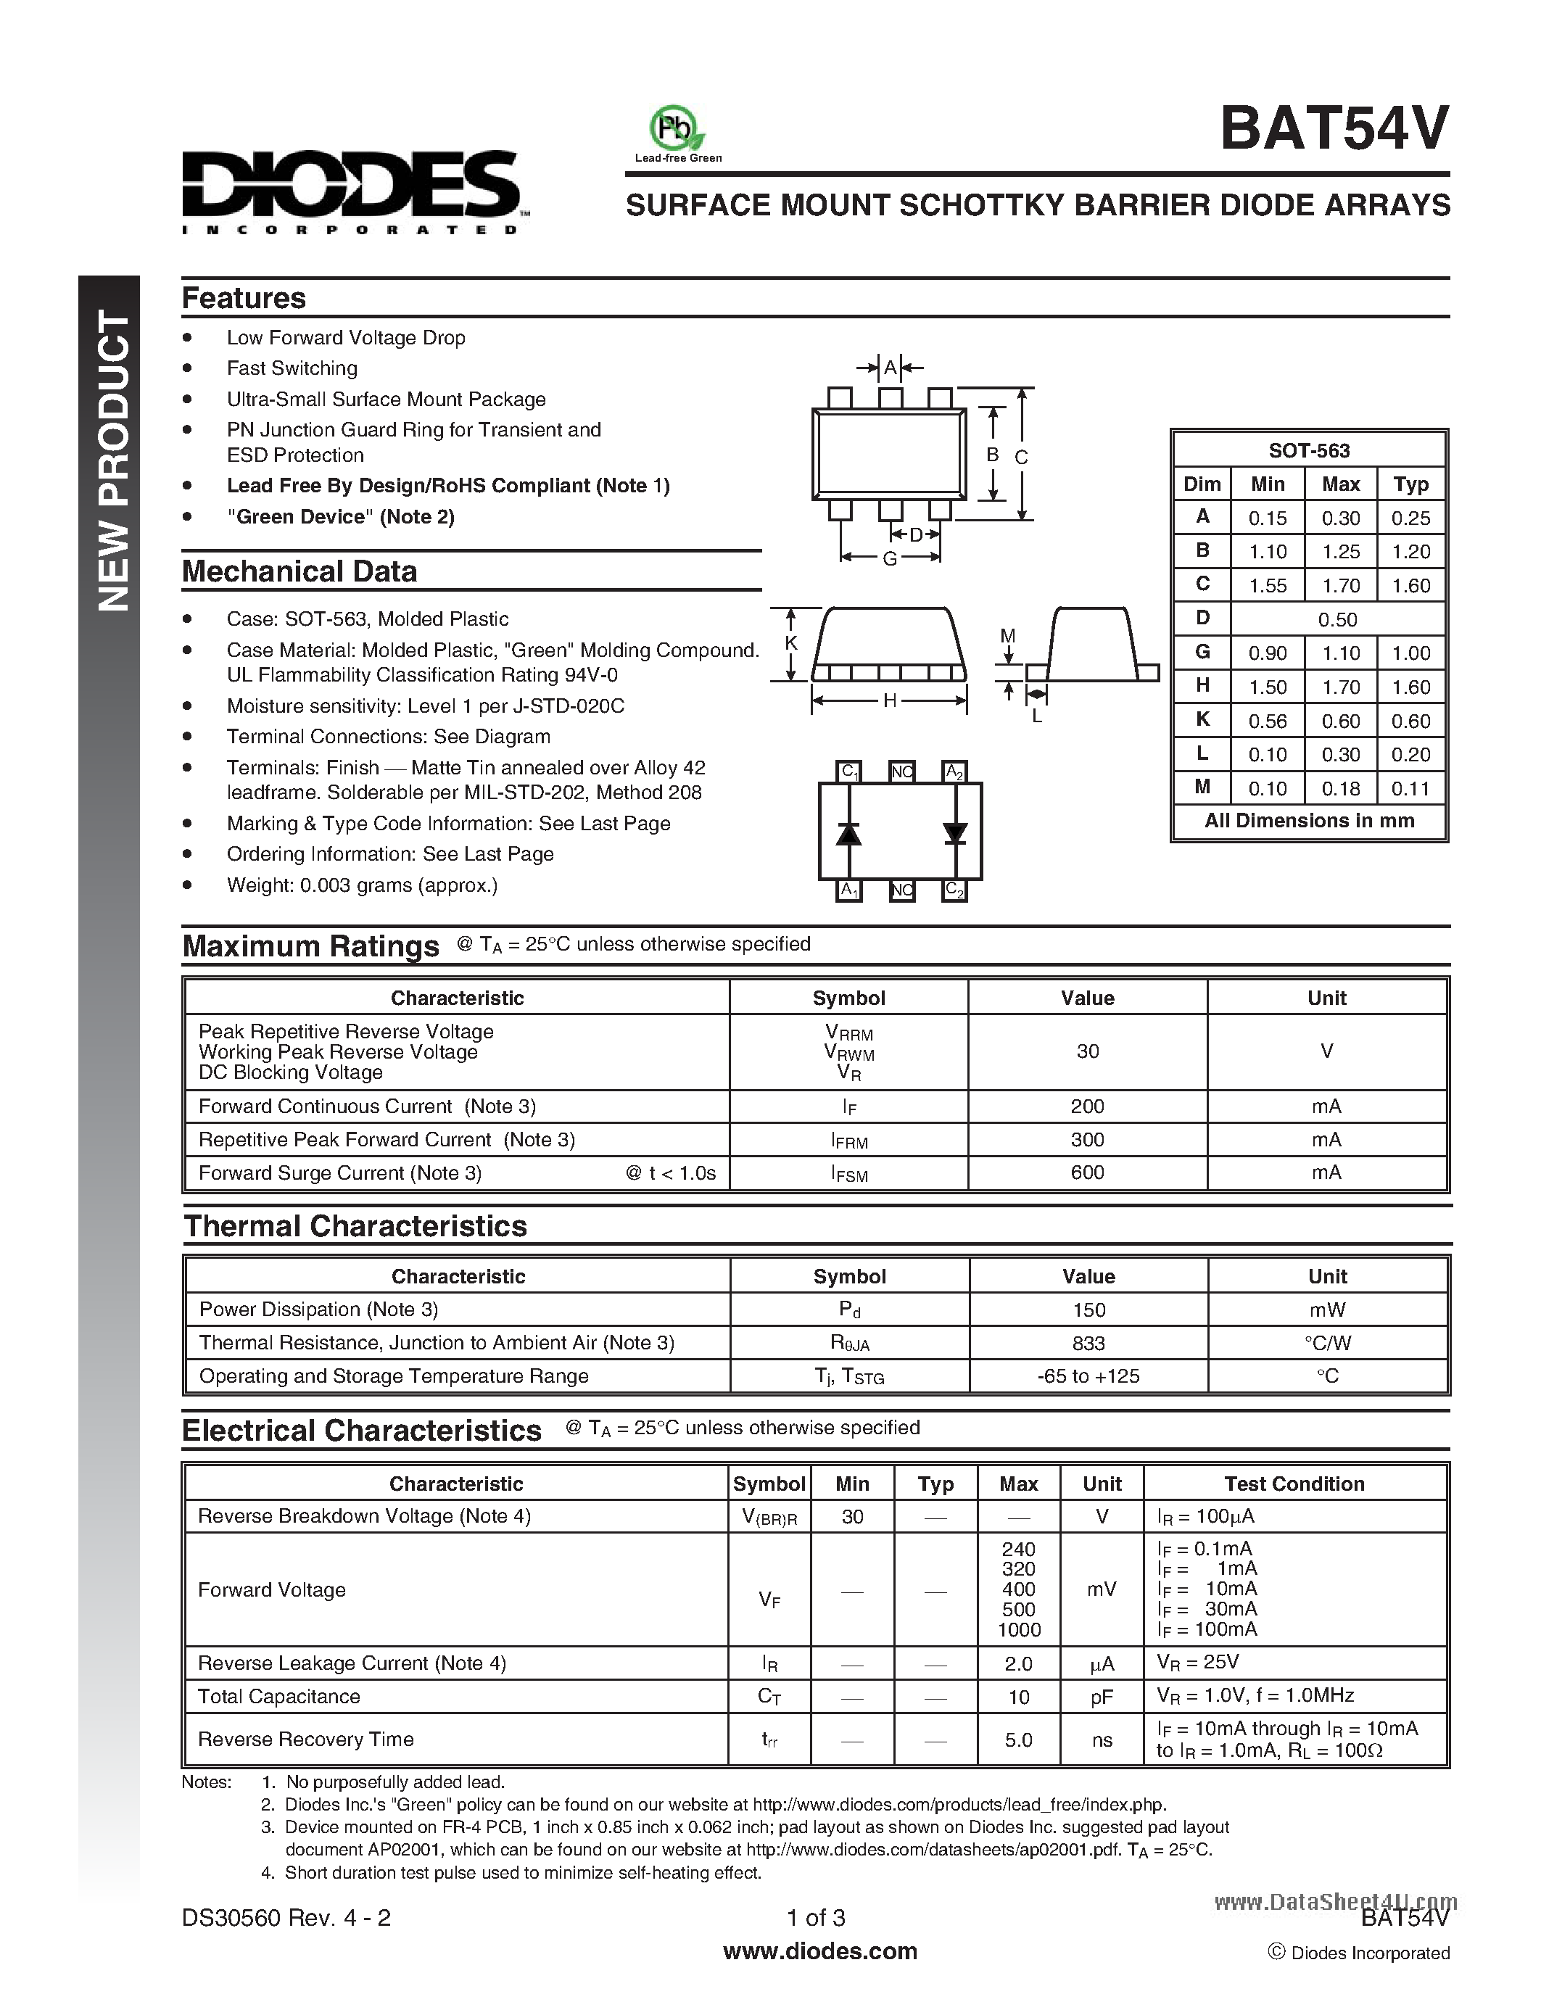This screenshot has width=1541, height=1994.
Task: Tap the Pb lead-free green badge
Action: pos(677,129)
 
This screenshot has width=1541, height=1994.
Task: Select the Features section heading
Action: pos(244,299)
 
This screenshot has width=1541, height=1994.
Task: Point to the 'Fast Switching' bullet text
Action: pos(292,368)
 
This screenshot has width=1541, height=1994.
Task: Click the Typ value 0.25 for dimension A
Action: pos(1410,518)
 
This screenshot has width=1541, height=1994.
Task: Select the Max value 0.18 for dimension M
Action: pos(1340,789)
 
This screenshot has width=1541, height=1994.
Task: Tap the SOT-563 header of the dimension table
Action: pos(1308,450)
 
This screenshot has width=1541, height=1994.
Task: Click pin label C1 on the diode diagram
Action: pos(849,771)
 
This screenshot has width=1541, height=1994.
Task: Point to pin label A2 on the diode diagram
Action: pos(955,771)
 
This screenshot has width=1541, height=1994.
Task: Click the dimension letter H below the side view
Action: pos(889,701)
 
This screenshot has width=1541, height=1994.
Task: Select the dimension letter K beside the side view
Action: pos(791,642)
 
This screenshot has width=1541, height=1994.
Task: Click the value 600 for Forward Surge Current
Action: pos(1086,1172)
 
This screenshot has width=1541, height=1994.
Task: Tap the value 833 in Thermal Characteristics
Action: pos(1088,1343)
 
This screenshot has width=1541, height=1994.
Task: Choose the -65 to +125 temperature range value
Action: pos(1088,1376)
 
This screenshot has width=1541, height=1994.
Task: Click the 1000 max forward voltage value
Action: pos(1018,1630)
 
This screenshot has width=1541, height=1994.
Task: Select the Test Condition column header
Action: pos(1294,1484)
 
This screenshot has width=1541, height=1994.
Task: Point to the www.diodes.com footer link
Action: pos(819,1951)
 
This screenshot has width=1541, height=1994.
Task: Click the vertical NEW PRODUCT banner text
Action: pos(113,461)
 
